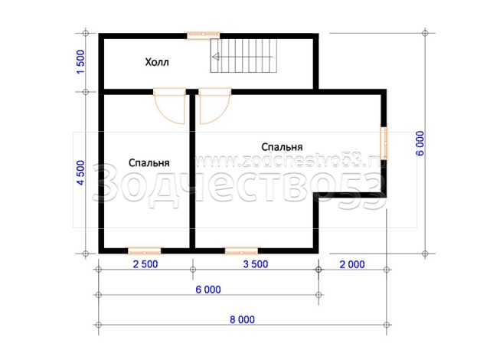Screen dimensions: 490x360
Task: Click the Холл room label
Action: pyautogui.click(x=157, y=62)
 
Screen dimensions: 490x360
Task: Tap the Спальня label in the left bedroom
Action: pyautogui.click(x=149, y=163)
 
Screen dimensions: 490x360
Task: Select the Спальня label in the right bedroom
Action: pyautogui.click(x=282, y=147)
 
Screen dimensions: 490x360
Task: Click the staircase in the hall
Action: pyautogui.click(x=243, y=56)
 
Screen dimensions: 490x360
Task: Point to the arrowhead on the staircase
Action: pyautogui.click(x=215, y=57)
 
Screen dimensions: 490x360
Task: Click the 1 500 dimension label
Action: pyautogui.click(x=80, y=62)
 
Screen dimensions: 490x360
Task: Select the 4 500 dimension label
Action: pyautogui.click(x=80, y=173)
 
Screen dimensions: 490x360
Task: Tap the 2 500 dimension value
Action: pyautogui.click(x=145, y=264)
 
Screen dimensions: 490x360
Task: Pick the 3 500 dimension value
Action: pyautogui.click(x=256, y=264)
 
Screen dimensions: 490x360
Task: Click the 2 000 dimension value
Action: pyautogui.click(x=352, y=265)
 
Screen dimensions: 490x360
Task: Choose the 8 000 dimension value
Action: pyautogui.click(x=242, y=319)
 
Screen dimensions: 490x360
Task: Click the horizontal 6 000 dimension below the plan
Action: pyautogui.click(x=208, y=290)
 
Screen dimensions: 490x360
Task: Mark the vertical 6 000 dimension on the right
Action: pyautogui.click(x=420, y=143)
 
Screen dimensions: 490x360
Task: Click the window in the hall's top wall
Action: pyautogui.click(x=203, y=35)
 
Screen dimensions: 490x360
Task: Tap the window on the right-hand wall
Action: pyautogui.click(x=384, y=142)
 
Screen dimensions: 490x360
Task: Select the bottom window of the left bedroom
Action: pyautogui.click(x=145, y=250)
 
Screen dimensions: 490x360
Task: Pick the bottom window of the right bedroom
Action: pyautogui.click(x=242, y=250)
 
